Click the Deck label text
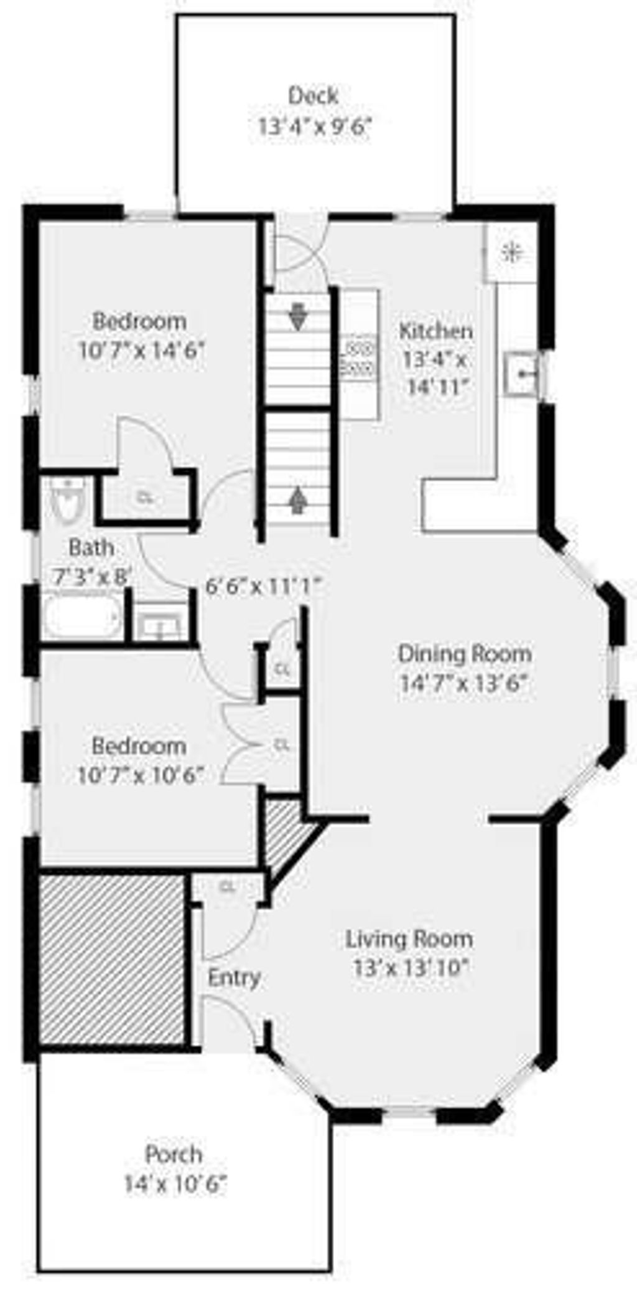pyautogui.click(x=314, y=96)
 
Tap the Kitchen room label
pyautogui.click(x=435, y=331)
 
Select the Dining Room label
pyautogui.click(x=465, y=654)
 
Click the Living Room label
pyautogui.click(x=409, y=939)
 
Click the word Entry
pyautogui.click(x=234, y=978)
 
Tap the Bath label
pyautogui.click(x=91, y=548)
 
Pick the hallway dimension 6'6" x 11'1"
pyautogui.click(x=263, y=586)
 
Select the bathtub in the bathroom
pyautogui.click(x=83, y=617)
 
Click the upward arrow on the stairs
pyautogui.click(x=299, y=499)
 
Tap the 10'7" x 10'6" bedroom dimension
pyautogui.click(x=141, y=776)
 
